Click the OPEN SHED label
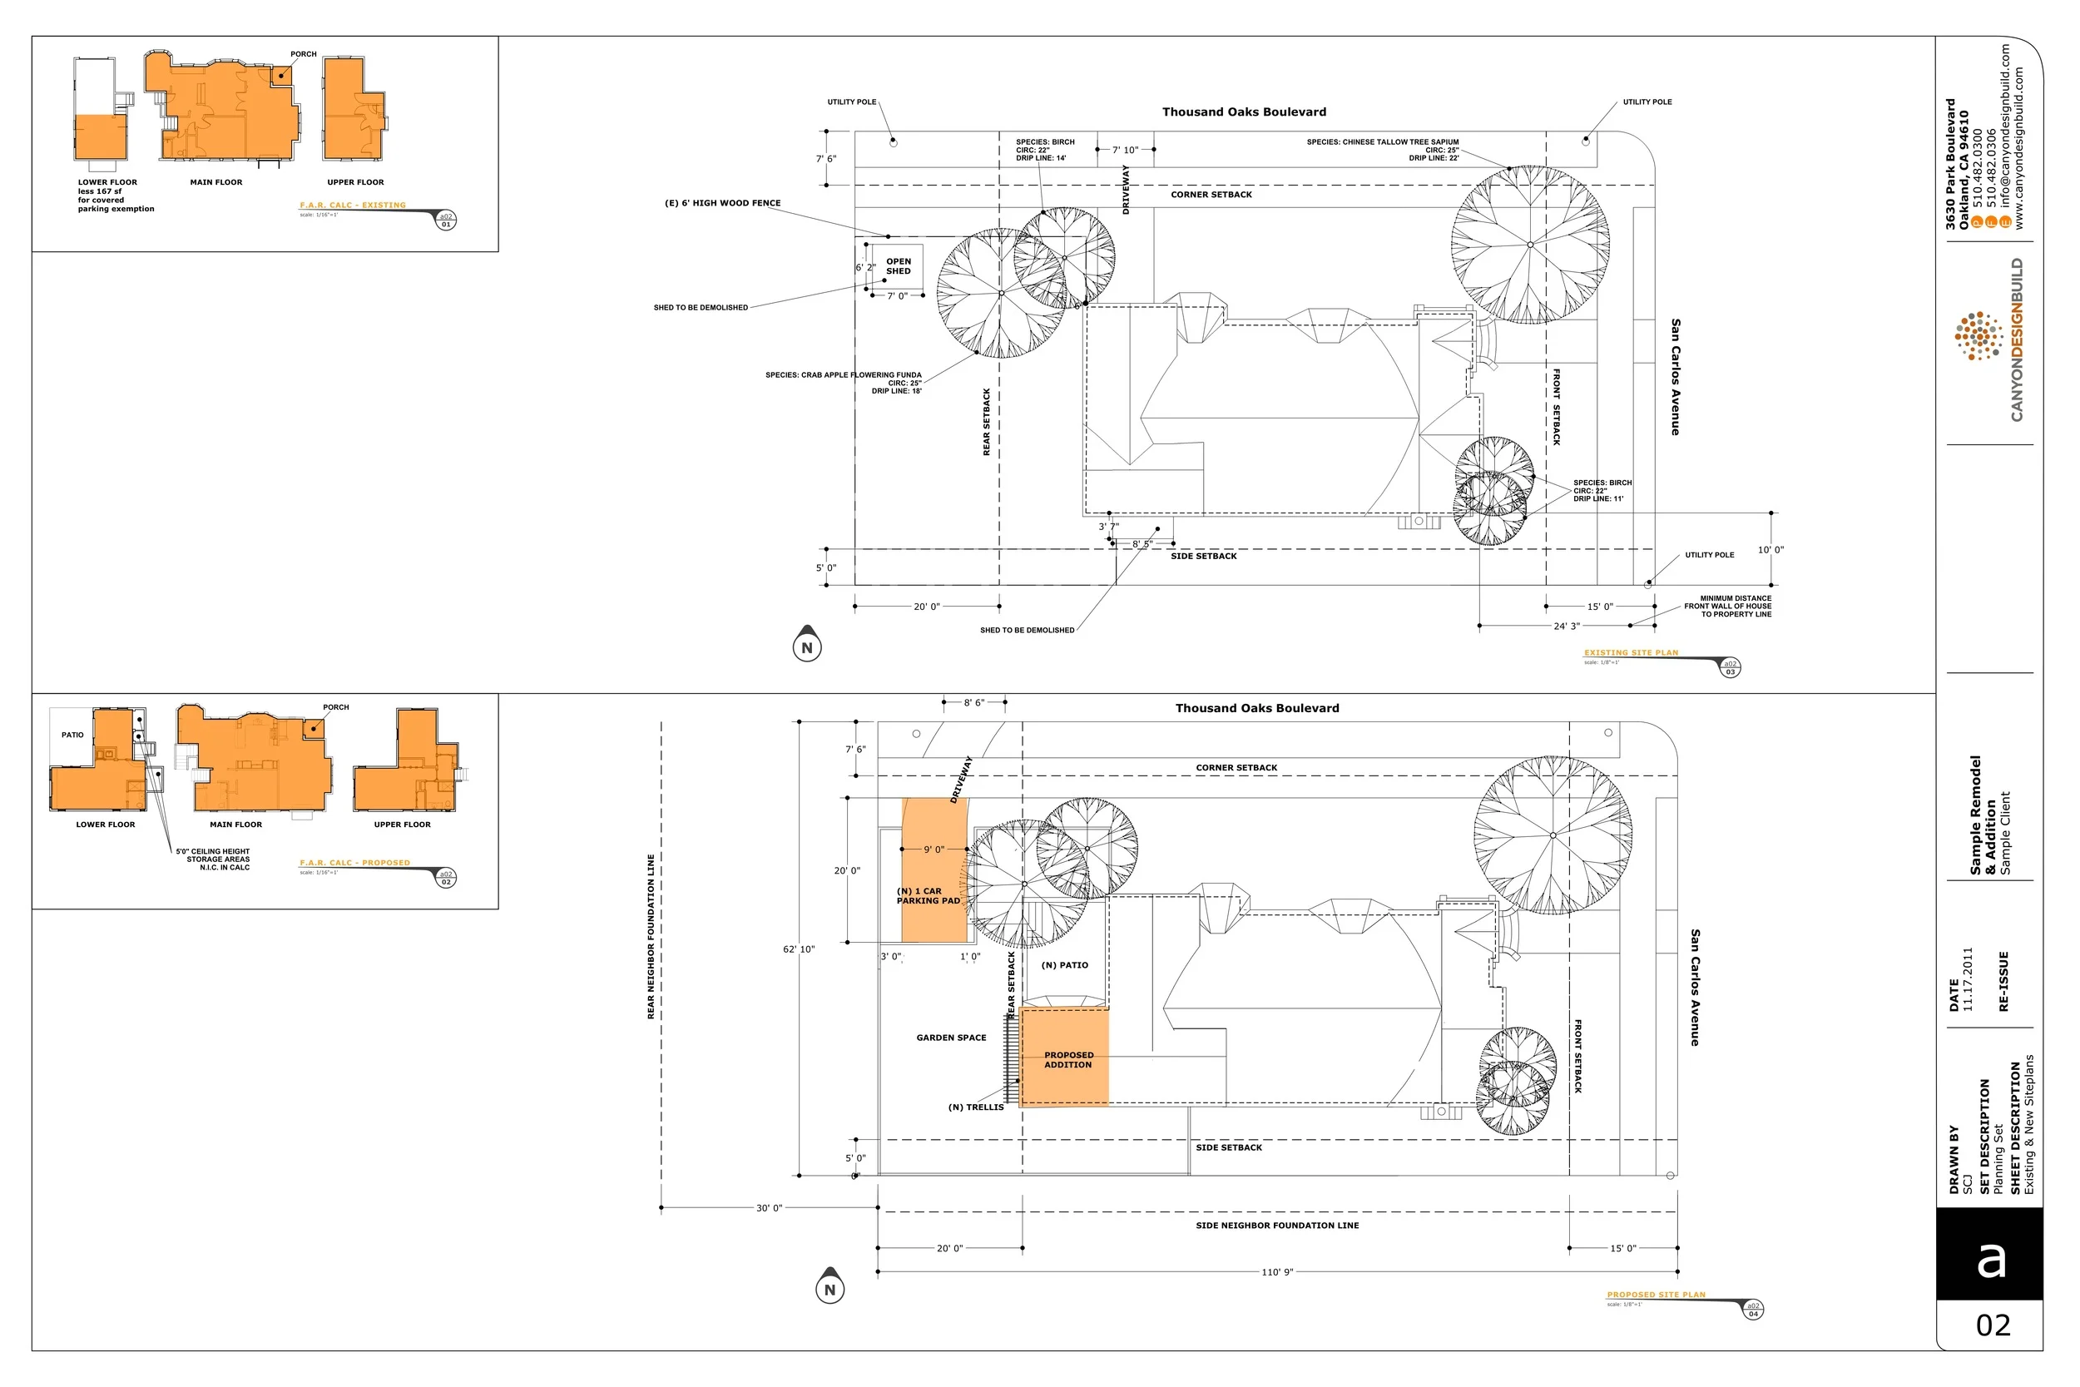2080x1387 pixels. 898,266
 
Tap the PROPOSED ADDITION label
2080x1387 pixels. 1068,1060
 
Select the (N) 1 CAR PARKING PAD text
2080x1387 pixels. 928,896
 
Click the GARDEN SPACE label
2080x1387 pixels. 951,1038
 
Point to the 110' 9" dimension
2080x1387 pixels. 1276,1272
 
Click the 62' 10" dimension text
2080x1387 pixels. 799,949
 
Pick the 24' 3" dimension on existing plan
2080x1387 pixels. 1566,627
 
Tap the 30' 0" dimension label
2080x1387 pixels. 769,1208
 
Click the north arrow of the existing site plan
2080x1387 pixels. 806,645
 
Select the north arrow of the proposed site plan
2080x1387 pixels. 830,1287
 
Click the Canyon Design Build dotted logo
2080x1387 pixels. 1979,336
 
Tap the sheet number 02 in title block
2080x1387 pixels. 1993,1325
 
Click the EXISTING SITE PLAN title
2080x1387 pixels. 1631,653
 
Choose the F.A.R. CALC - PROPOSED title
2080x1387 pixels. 354,863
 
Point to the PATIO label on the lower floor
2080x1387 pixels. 72,735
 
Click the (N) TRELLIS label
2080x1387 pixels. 975,1107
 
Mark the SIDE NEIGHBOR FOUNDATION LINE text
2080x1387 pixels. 1277,1226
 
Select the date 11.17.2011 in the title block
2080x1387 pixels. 1968,979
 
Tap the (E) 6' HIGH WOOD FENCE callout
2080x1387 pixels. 722,204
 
